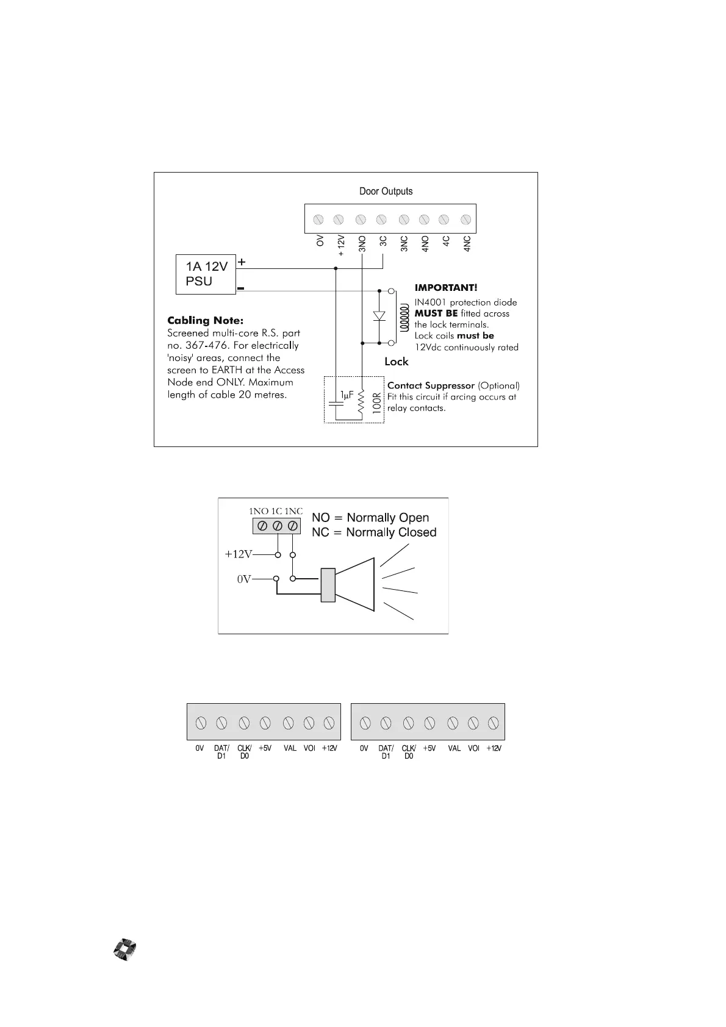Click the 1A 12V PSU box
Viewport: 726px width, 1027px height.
coord(206,274)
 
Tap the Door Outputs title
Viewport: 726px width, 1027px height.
coord(386,191)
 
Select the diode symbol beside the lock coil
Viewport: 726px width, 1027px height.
coord(379,316)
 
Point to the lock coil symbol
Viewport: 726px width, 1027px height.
coord(403,317)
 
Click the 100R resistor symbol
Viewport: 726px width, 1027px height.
coord(362,403)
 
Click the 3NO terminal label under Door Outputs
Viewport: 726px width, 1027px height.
coord(362,244)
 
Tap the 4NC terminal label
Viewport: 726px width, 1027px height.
coord(467,244)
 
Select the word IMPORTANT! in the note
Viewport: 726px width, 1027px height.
coord(446,288)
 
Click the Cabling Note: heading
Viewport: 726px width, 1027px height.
coord(205,320)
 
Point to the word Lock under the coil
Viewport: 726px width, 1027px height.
coord(396,362)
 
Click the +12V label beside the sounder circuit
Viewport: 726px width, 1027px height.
coord(238,554)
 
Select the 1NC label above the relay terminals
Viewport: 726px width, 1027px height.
coord(293,511)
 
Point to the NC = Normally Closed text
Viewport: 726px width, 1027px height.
coord(374,532)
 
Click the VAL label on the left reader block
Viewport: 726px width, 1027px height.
coord(290,748)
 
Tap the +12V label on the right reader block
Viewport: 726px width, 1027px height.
coord(494,748)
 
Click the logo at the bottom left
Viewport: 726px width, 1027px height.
coord(124,950)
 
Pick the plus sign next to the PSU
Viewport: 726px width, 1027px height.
coord(242,262)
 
